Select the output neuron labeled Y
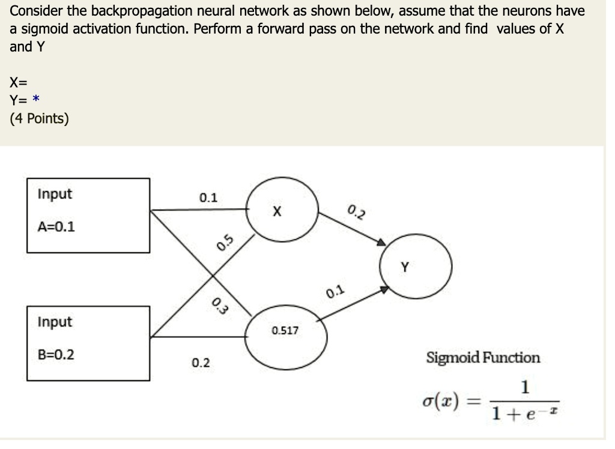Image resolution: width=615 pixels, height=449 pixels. [415, 267]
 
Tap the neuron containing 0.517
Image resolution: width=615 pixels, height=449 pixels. [285, 334]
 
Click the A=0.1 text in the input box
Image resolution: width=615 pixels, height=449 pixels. [56, 227]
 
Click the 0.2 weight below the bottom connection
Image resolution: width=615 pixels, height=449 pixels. [201, 363]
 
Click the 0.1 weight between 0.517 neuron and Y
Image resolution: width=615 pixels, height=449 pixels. [336, 292]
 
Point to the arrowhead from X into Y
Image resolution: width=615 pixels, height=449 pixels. [380, 243]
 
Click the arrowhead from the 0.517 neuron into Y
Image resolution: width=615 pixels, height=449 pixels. [384, 290]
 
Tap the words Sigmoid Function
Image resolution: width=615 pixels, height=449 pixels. [483, 358]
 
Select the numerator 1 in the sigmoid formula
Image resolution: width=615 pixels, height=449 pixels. [525, 387]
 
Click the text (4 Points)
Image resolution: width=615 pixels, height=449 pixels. [39, 118]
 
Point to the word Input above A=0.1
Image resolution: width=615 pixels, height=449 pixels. [54, 194]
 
